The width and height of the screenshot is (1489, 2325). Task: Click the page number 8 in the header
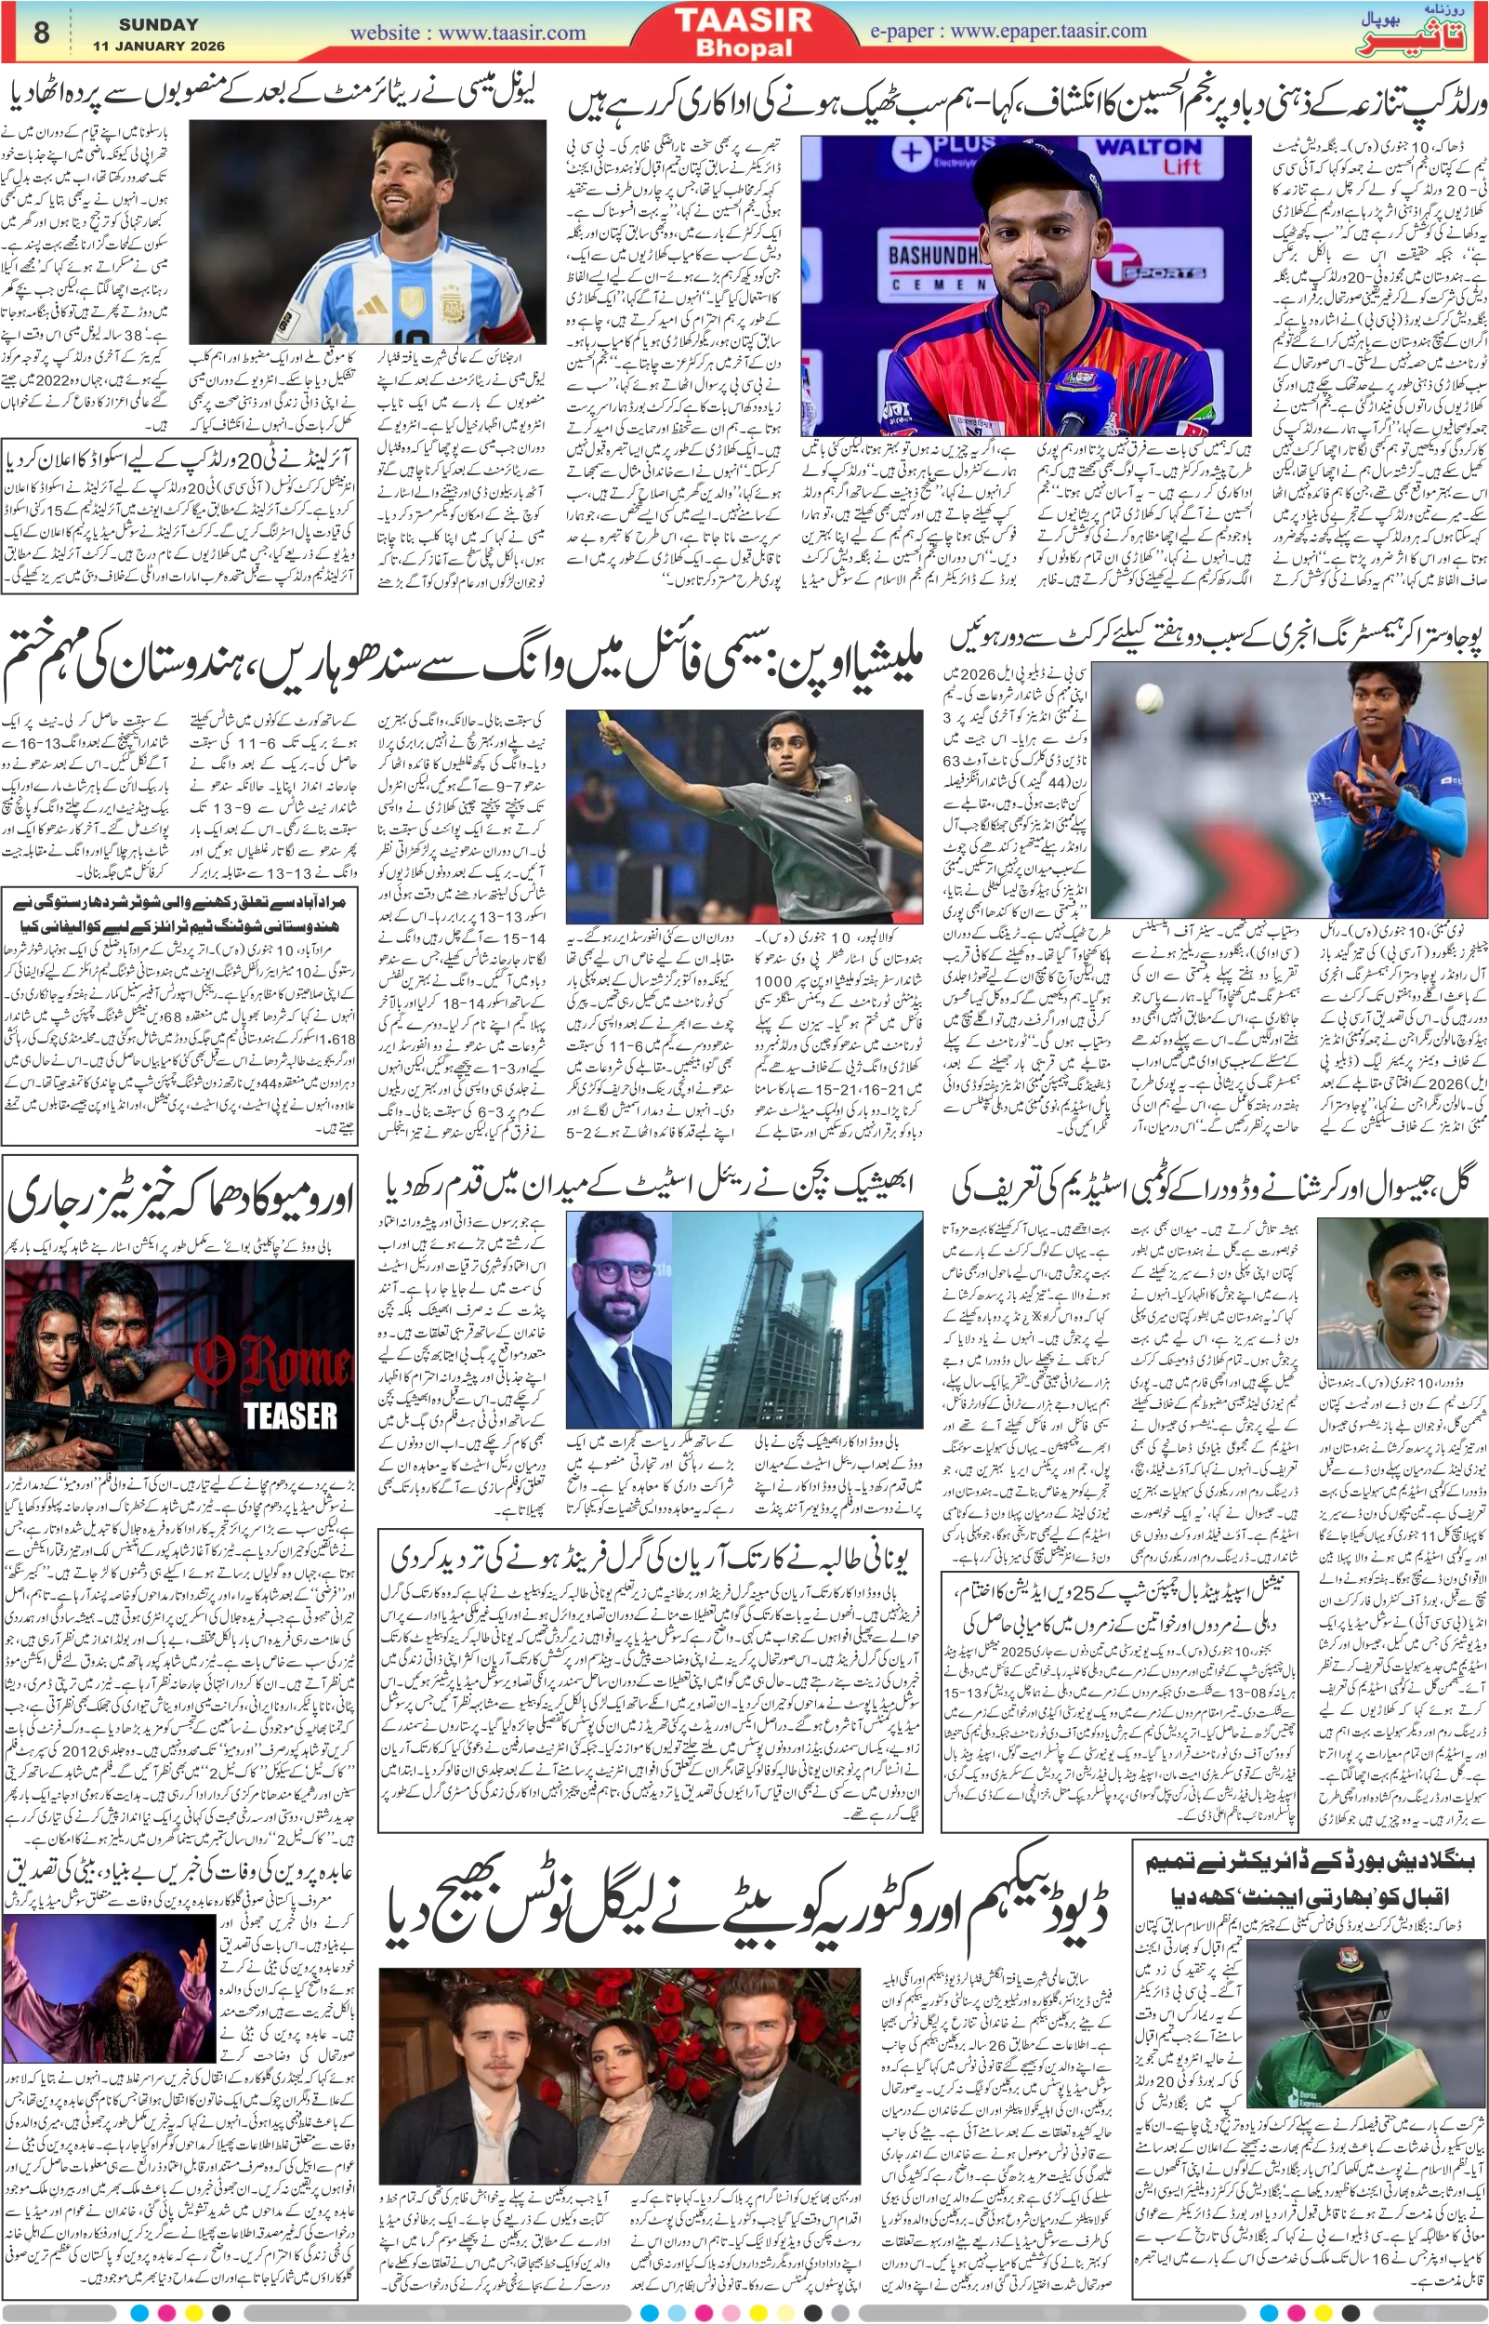[x=41, y=33]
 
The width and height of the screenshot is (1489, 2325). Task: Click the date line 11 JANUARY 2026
[x=160, y=46]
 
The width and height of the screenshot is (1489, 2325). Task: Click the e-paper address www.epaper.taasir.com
[x=1008, y=31]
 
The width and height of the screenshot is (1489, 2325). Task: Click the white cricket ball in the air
[x=1149, y=695]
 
